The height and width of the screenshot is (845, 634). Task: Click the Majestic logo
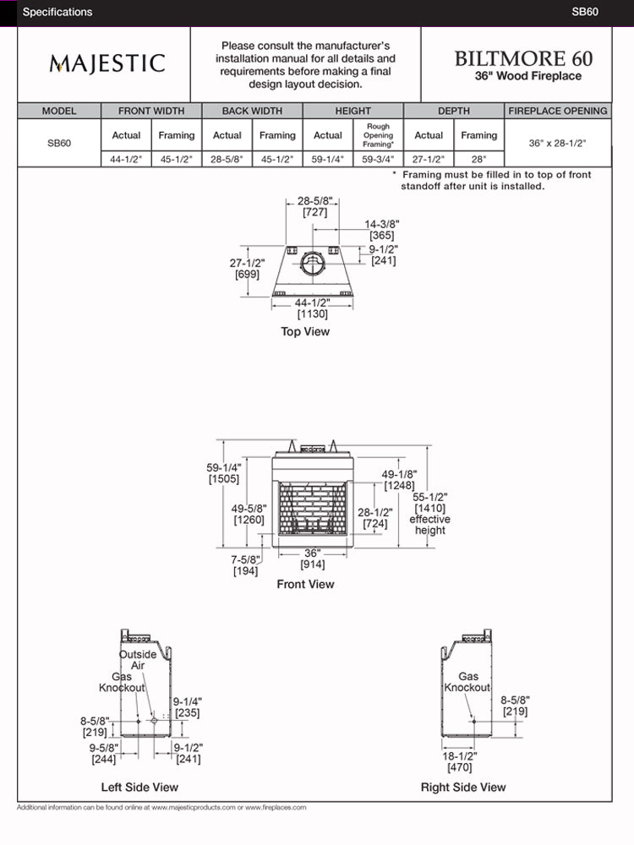click(x=107, y=63)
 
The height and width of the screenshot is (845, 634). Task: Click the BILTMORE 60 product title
click(x=523, y=58)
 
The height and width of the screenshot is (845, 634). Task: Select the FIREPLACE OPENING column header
click(x=558, y=111)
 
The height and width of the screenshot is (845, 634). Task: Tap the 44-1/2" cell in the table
click(x=126, y=159)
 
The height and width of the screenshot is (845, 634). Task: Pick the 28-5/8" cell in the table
click(x=227, y=159)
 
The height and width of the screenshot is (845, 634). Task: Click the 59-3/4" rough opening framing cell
click(x=378, y=159)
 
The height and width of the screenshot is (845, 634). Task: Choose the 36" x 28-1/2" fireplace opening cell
click(x=558, y=143)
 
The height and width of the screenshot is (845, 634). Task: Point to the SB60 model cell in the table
click(x=59, y=143)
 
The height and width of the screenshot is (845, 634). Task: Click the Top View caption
click(x=305, y=332)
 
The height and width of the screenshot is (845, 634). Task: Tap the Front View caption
click(x=305, y=584)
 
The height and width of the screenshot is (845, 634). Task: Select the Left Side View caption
click(x=139, y=787)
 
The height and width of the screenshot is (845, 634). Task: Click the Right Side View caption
click(x=463, y=787)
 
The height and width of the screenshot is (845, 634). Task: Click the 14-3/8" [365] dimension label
click(x=382, y=230)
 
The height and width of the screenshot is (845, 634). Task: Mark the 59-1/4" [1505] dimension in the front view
click(x=224, y=473)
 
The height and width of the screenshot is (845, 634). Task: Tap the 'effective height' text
click(x=429, y=525)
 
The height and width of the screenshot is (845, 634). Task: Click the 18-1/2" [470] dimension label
click(x=459, y=762)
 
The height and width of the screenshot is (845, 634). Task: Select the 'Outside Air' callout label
click(x=137, y=660)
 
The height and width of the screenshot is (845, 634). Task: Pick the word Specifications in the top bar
click(x=57, y=12)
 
